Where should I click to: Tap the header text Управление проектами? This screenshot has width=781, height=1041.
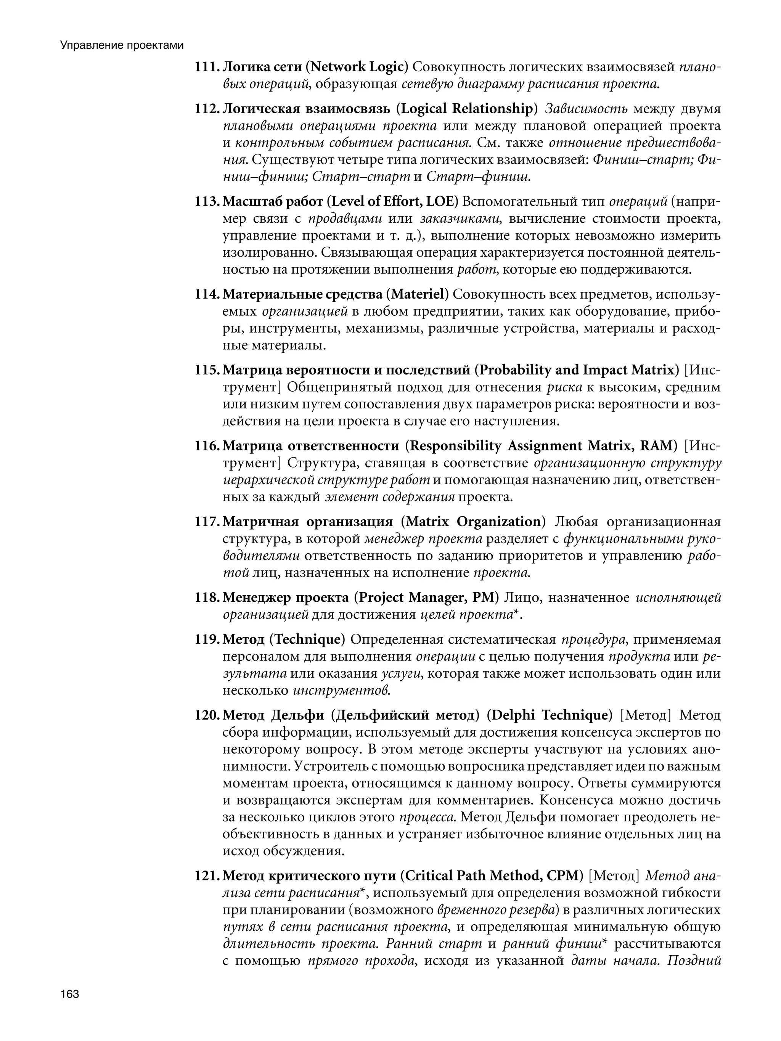[x=121, y=45]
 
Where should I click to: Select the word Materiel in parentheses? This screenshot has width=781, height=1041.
[x=417, y=294]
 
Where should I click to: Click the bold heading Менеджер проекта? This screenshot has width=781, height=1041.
[x=285, y=597]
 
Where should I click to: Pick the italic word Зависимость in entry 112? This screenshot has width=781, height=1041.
[x=586, y=109]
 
